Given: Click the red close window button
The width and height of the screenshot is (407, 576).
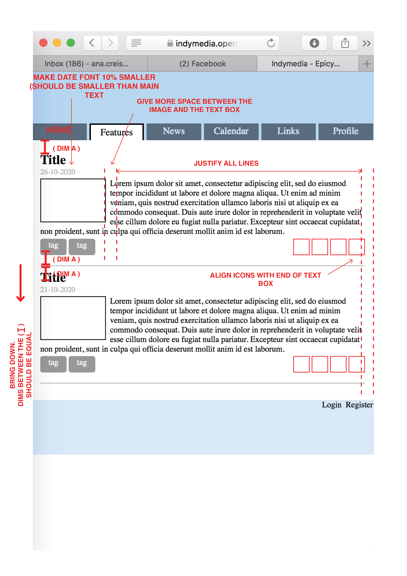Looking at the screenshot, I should (43, 43).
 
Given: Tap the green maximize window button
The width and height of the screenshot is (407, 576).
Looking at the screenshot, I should (71, 43).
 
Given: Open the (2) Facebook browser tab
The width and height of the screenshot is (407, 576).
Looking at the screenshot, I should (202, 64).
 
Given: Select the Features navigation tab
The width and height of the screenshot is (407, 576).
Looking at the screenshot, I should (116, 132).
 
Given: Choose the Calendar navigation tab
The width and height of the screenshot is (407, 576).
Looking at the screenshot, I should (231, 131).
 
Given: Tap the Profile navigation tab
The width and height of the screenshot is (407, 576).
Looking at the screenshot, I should (345, 131).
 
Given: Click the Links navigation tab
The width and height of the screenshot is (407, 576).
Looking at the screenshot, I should (288, 131).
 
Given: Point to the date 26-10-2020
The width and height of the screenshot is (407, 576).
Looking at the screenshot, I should (58, 172).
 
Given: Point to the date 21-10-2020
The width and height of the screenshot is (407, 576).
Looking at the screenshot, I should (58, 289).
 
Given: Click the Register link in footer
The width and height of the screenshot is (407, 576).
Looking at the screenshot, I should (359, 405).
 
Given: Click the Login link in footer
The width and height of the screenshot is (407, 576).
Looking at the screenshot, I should (331, 405).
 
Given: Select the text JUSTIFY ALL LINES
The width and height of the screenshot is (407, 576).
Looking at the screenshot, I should (226, 163).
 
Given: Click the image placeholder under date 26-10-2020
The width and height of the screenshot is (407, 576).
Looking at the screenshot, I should (73, 200).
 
